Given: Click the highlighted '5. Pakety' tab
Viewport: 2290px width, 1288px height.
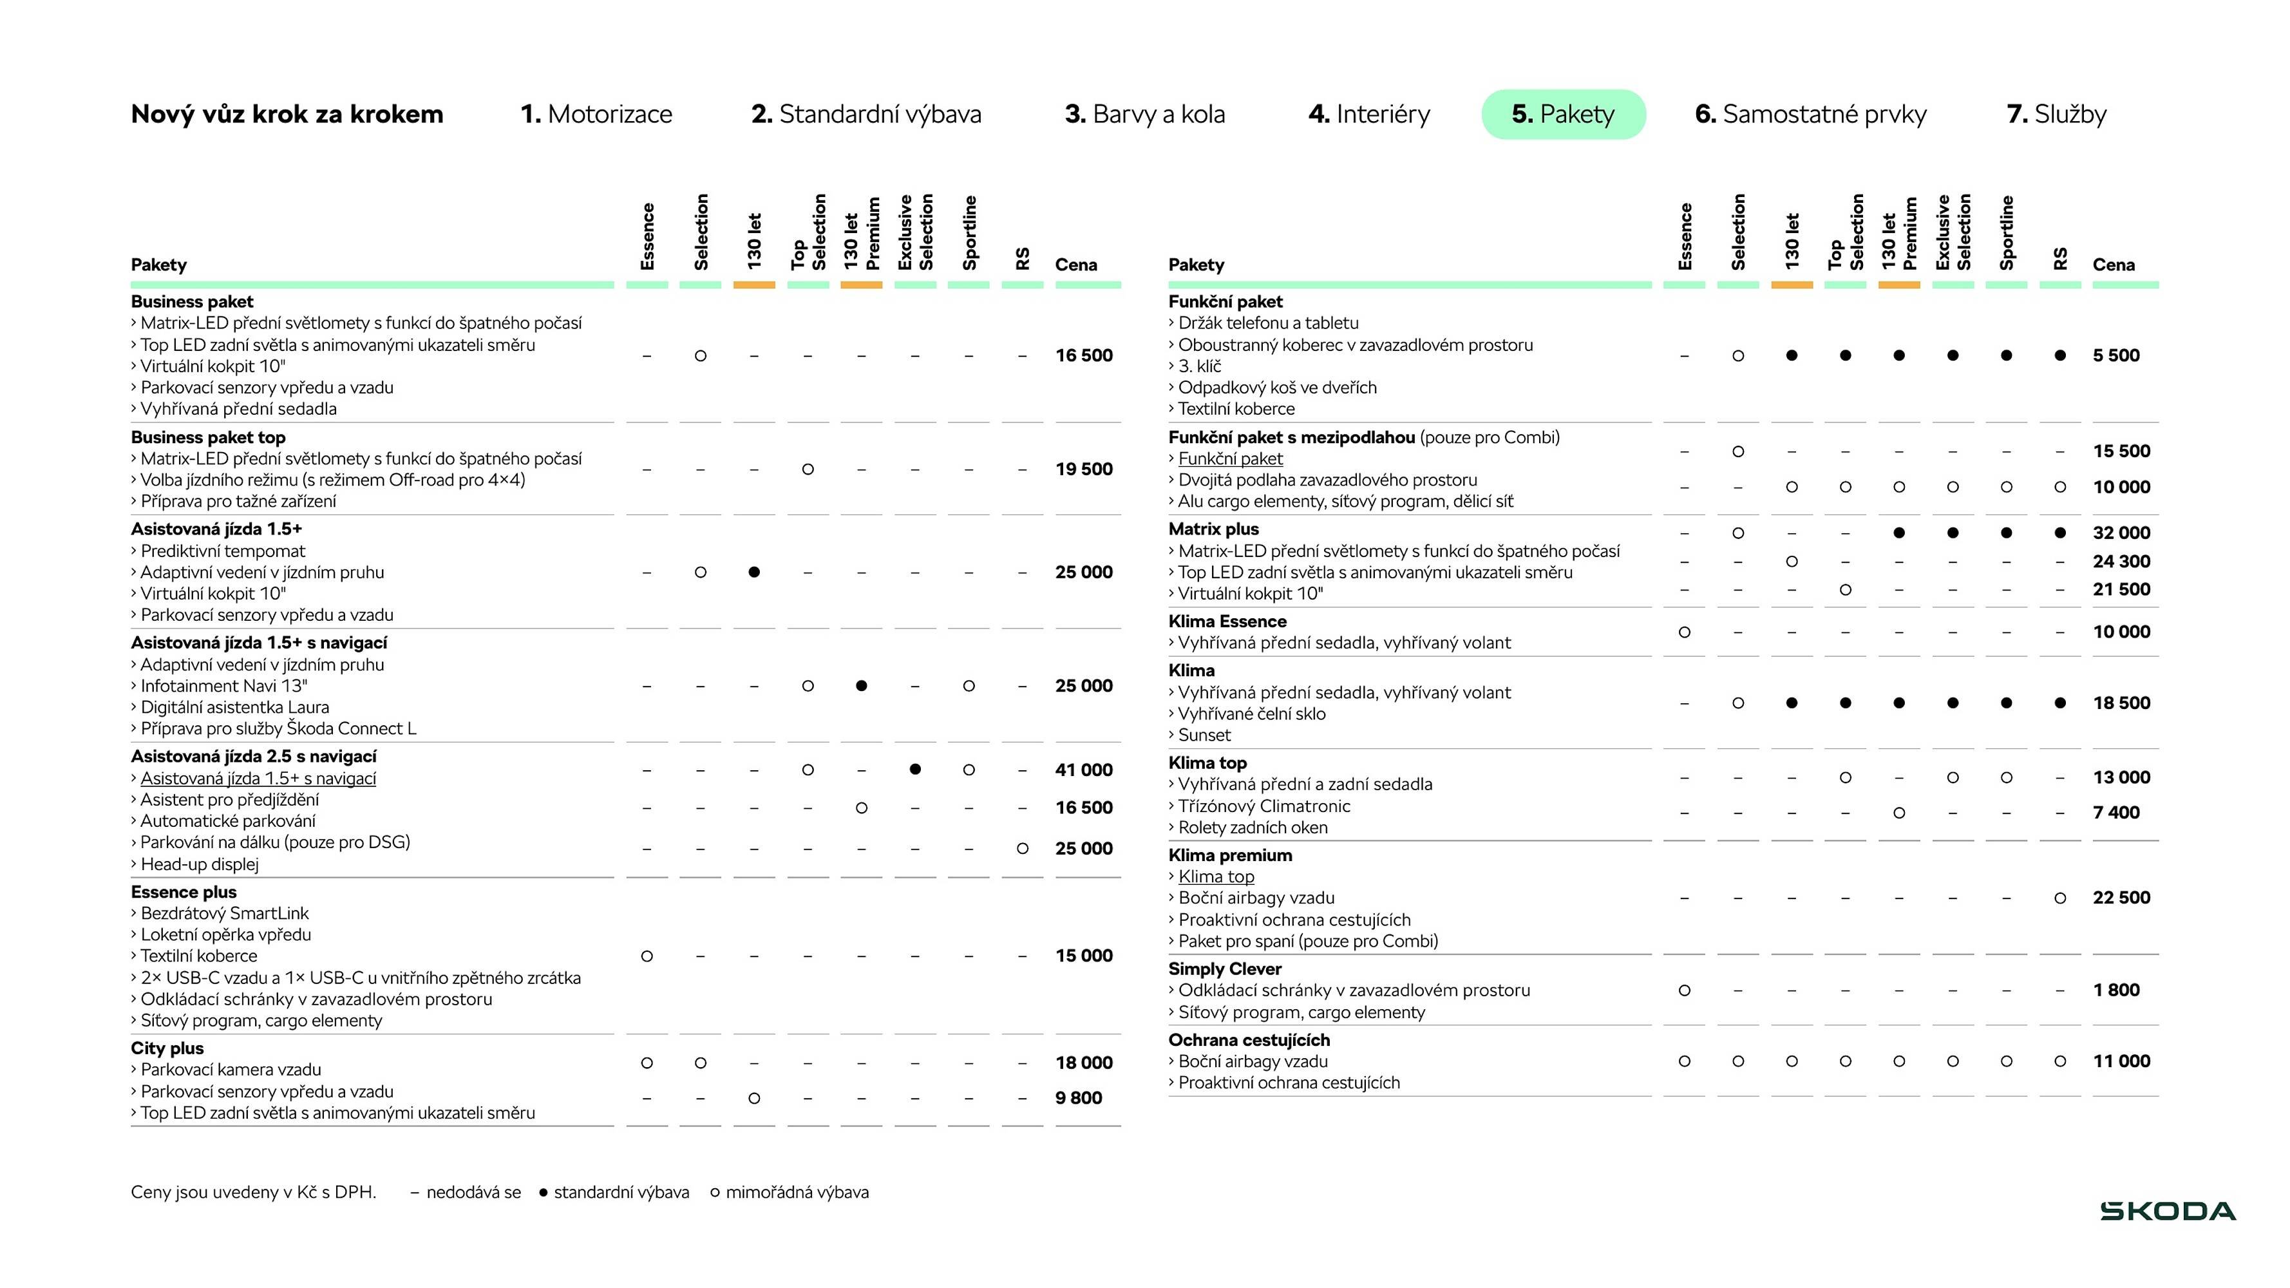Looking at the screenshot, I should coord(1563,115).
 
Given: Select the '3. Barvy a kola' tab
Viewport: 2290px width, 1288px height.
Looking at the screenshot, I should coord(1144,115).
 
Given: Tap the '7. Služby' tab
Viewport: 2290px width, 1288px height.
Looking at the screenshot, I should coord(2056,115).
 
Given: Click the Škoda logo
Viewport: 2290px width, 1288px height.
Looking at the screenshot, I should coord(2168,1211).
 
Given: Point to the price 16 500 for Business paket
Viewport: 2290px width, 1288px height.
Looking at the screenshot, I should coord(1084,355).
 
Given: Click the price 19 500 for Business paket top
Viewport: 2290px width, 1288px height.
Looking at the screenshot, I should coord(1084,469).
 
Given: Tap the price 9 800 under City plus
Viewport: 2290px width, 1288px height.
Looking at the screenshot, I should coord(1078,1099).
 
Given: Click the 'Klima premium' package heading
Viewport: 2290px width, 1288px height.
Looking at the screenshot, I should coord(1229,855).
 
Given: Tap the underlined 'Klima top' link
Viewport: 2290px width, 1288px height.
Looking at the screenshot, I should coord(1216,876).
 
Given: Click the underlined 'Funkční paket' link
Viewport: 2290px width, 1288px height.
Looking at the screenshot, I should coord(1231,459).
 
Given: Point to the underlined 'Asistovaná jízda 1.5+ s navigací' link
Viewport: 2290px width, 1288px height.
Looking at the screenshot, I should coord(258,779).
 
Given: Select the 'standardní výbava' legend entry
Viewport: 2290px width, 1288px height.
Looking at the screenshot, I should coord(621,1193).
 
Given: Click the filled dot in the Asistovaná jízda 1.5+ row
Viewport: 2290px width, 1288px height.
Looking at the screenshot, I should coord(754,573).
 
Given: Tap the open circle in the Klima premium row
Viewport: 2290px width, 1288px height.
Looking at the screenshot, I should coord(2059,898).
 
